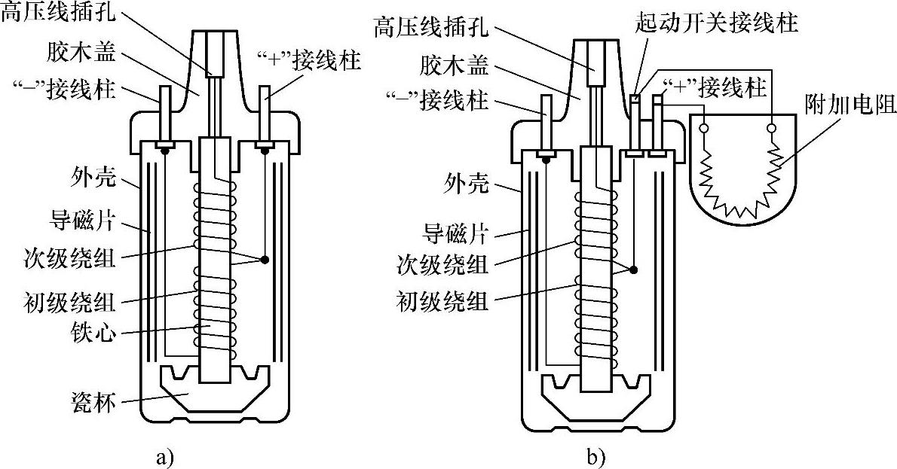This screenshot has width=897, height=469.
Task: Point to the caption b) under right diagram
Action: [595, 456]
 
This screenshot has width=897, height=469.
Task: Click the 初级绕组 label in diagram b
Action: [442, 300]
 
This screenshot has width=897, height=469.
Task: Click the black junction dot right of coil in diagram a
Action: [265, 260]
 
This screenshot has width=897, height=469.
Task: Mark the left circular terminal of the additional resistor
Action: [703, 128]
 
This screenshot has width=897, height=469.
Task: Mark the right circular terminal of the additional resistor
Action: [773, 128]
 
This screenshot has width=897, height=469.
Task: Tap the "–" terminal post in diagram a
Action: [165, 115]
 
